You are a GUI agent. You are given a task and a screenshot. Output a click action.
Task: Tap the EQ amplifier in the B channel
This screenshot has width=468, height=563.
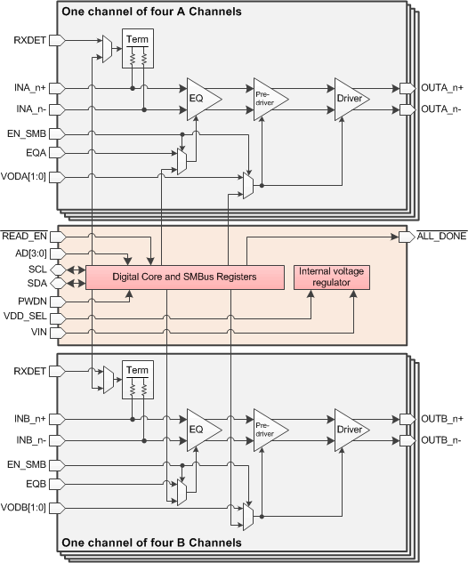tap(200, 429)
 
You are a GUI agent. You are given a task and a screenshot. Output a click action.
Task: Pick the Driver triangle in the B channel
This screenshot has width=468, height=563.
tap(349, 429)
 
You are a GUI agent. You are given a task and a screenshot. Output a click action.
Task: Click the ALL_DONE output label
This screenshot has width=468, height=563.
tap(441, 237)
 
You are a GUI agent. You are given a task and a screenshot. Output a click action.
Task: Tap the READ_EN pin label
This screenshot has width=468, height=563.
tap(25, 237)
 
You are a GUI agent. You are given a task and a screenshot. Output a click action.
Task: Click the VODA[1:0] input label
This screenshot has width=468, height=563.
tap(26, 176)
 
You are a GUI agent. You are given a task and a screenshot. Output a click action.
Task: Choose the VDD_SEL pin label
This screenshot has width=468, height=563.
tap(25, 317)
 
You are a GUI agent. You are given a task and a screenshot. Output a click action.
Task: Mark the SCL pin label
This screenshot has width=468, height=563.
tap(36, 269)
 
